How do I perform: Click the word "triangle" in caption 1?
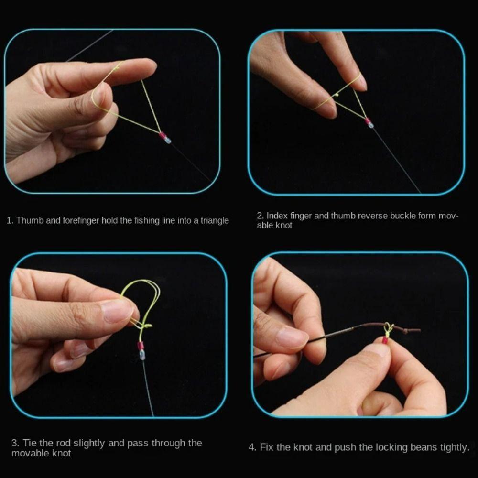[213, 221]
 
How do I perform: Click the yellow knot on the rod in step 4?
[388, 329]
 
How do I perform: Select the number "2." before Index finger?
[260, 216]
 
